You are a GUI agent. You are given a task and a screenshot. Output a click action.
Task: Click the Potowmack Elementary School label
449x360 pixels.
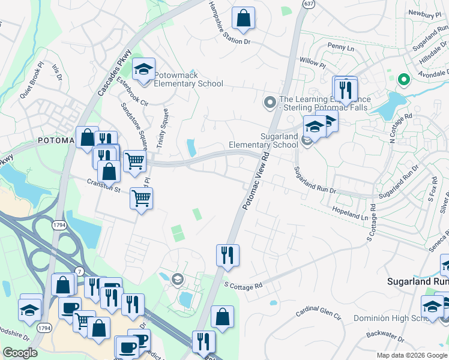(188, 80)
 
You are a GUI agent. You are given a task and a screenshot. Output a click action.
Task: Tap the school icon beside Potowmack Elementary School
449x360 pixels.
(144, 70)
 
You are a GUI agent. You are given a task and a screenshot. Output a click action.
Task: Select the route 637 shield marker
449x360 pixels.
(309, 4)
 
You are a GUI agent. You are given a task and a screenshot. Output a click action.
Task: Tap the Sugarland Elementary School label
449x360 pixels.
(264, 140)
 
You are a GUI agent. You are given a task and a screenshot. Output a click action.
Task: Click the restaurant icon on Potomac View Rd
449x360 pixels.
(228, 254)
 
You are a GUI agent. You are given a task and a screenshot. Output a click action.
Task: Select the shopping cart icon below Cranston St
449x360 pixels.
(142, 197)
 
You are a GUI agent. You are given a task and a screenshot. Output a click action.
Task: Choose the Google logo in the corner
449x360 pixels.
(20, 353)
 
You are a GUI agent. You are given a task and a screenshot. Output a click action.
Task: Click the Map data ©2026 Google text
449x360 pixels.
(412, 355)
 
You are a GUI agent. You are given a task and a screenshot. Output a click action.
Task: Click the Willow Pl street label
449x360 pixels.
(312, 62)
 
